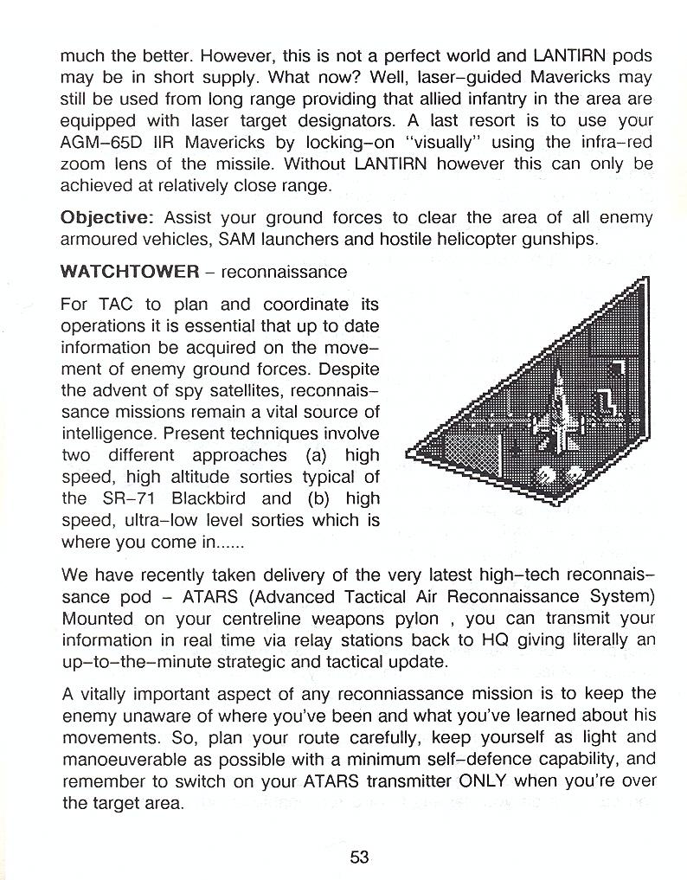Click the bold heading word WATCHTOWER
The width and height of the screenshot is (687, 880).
point(130,272)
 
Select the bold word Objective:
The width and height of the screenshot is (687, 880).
point(107,217)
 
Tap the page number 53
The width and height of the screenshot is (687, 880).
point(360,857)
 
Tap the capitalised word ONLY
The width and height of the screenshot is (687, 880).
point(477,781)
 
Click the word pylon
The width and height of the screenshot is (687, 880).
point(422,620)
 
